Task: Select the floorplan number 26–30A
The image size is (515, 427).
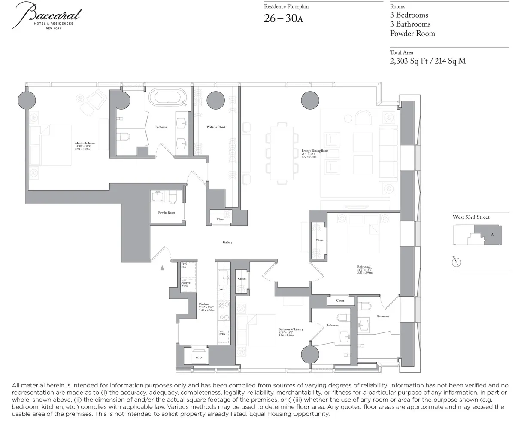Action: pos(284,19)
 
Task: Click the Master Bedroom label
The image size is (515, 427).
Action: pos(85,143)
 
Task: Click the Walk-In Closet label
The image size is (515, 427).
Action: pos(215,127)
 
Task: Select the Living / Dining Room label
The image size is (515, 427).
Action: pos(315,151)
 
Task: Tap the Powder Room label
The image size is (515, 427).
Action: pos(167,213)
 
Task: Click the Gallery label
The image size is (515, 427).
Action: pos(227,242)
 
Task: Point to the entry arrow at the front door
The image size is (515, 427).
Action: pos(162,268)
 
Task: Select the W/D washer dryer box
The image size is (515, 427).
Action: pos(198,357)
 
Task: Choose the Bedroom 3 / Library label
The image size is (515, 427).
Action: pos(291,329)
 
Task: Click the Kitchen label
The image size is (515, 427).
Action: pos(203,305)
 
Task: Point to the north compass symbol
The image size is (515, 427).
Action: pos(457,262)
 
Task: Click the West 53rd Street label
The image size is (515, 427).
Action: pos(471,217)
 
